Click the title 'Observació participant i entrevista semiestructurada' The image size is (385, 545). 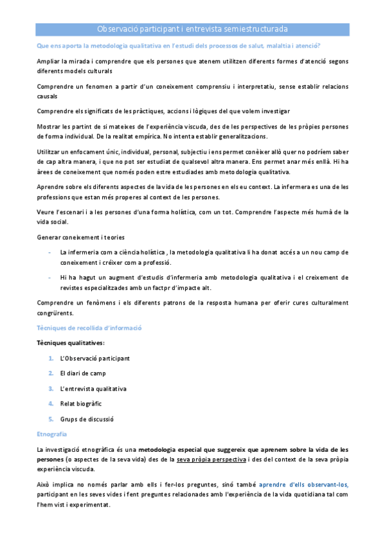pyautogui.click(x=192, y=29)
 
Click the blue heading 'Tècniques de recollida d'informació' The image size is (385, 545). pyautogui.click(x=89, y=328)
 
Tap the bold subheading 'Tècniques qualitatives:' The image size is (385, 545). pyautogui.click(x=71, y=343)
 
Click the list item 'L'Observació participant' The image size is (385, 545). pyautogui.click(x=94, y=358)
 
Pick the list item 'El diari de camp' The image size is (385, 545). pyautogui.click(x=83, y=373)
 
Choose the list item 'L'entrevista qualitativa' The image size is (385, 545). pyautogui.click(x=93, y=389)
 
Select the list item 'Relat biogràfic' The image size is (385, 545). pyautogui.click(x=81, y=404)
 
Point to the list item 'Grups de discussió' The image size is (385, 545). pyautogui.click(x=87, y=419)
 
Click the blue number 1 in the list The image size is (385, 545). pyautogui.click(x=50, y=358)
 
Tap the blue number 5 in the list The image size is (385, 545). pyautogui.click(x=50, y=419)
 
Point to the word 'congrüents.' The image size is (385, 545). pyautogui.click(x=55, y=313)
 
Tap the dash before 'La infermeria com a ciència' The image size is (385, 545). pyautogui.click(x=49, y=253)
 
